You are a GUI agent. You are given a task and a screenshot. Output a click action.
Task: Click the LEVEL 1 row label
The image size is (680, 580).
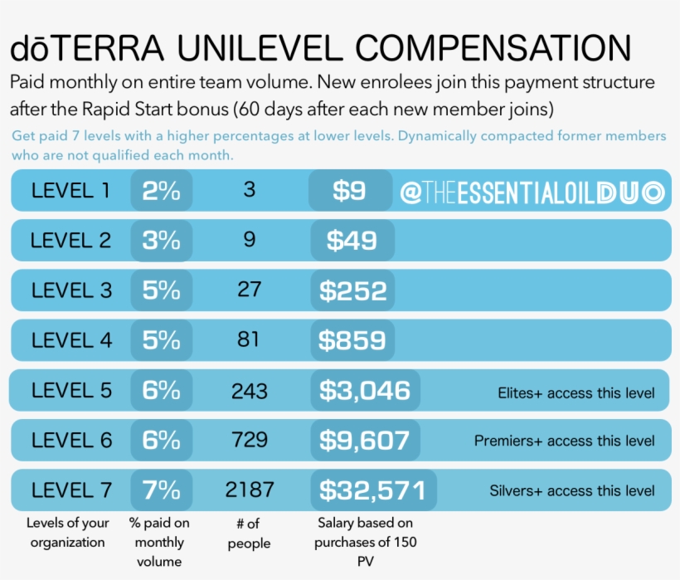[x=70, y=191]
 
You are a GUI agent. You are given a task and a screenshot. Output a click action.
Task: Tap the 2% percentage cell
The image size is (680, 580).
[x=162, y=191]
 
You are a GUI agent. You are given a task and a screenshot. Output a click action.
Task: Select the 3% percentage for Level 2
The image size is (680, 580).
[x=162, y=241]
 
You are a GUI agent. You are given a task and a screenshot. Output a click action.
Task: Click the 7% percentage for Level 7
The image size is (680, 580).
[x=162, y=490]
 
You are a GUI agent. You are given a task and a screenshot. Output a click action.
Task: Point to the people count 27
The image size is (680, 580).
[x=249, y=290]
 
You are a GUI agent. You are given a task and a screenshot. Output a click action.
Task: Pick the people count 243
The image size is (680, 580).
[x=249, y=390]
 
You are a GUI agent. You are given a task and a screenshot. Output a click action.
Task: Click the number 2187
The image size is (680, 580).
[x=249, y=490]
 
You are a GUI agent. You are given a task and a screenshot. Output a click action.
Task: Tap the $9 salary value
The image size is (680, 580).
[x=349, y=192]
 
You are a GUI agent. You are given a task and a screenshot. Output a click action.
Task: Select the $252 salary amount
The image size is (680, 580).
[x=353, y=291]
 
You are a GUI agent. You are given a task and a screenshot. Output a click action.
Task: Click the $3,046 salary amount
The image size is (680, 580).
[x=365, y=391]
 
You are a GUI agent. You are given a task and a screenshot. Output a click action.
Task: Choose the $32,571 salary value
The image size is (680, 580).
[x=372, y=491]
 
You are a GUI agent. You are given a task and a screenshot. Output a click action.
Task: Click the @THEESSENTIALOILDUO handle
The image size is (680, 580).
[x=532, y=193]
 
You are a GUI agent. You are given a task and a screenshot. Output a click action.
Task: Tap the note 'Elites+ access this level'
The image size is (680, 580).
[x=576, y=392]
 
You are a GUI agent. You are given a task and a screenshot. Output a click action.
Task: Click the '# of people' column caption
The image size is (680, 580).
[x=249, y=534]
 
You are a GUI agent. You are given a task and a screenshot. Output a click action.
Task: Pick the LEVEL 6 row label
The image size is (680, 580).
[x=70, y=441]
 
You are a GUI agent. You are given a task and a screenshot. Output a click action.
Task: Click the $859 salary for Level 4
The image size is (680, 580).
[x=353, y=341]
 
